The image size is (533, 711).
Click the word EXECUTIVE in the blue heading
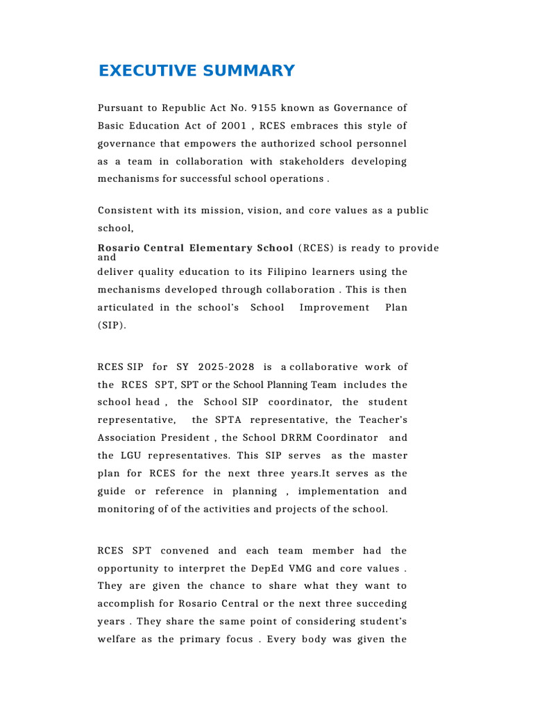139,71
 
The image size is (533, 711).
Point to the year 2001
232,126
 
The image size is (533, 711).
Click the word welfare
119,639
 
